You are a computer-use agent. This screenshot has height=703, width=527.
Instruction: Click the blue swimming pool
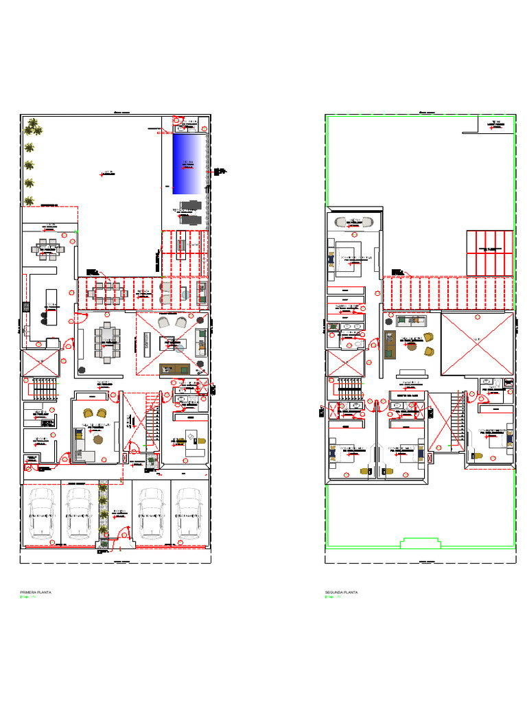tap(190, 164)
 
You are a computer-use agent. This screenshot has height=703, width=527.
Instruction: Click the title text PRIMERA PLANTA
tap(36, 592)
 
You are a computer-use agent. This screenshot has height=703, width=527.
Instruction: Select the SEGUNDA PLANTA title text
tap(341, 592)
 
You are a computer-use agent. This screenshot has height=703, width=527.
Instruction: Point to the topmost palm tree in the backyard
tap(32, 126)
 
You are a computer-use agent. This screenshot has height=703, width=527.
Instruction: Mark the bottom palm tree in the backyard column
tap(30, 200)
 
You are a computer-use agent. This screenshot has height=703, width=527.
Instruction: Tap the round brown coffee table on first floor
tap(97, 440)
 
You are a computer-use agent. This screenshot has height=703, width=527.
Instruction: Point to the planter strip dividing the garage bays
tap(103, 511)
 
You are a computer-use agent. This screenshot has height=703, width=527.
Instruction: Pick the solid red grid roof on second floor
tap(489, 252)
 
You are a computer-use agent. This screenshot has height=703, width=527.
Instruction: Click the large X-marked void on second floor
tap(477, 343)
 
